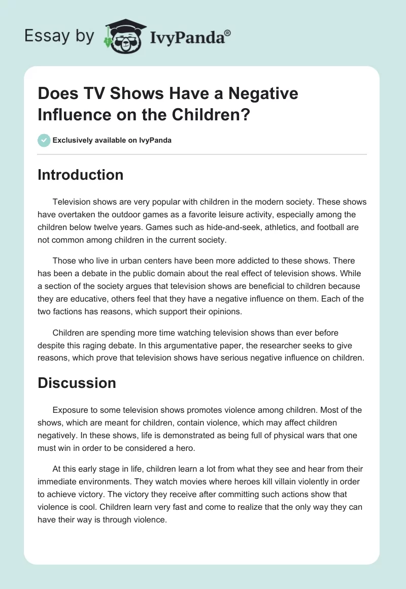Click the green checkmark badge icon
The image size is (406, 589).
[x=44, y=140]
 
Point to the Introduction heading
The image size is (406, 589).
[x=81, y=175]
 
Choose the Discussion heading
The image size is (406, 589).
[x=77, y=383]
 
